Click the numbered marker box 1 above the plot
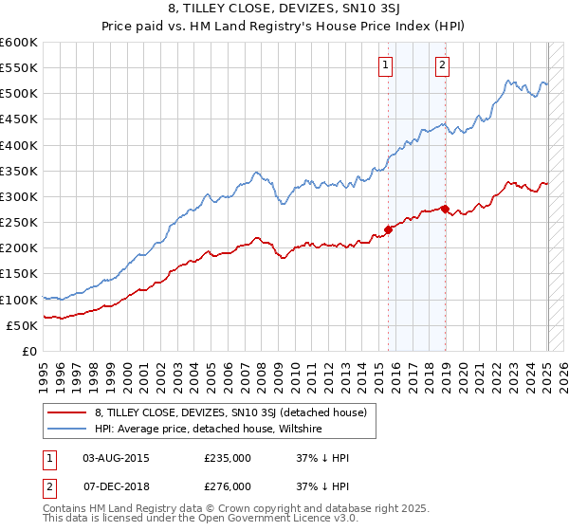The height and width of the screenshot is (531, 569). click(x=387, y=65)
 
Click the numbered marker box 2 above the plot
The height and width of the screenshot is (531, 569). click(x=443, y=65)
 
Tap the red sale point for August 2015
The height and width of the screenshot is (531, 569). click(x=388, y=229)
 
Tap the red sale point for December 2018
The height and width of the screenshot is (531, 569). click(x=445, y=208)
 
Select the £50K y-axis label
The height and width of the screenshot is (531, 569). click(x=22, y=325)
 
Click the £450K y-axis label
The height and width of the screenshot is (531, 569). click(x=19, y=119)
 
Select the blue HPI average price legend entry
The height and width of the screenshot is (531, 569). click(x=208, y=430)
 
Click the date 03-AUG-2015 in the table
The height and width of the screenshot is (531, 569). click(x=116, y=458)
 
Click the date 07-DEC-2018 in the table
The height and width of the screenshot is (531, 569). click(x=116, y=486)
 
